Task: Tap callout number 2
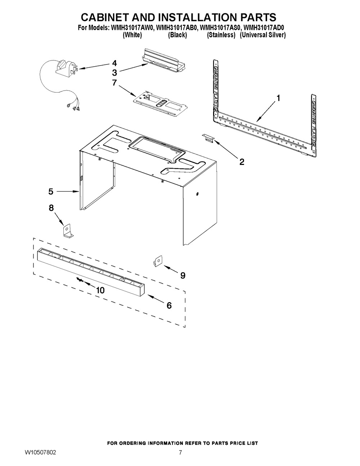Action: click(x=242, y=162)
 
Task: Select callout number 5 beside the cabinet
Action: click(x=51, y=192)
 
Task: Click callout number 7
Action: click(x=114, y=82)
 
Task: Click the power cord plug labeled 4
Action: click(x=65, y=69)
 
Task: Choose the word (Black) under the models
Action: click(x=177, y=35)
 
